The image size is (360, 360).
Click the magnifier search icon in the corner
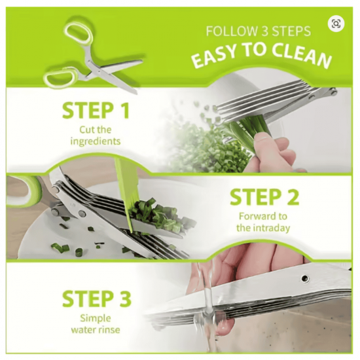coord(336,24)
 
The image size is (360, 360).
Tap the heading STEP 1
coord(96,111)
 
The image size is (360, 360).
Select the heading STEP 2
coord(264,197)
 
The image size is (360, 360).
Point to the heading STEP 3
coord(96,298)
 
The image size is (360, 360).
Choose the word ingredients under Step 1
coord(96,141)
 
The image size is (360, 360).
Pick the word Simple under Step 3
coord(96,318)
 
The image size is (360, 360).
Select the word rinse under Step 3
coord(109,330)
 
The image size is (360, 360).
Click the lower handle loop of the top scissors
coord(60,77)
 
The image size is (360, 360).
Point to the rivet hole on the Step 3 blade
coord(305,278)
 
